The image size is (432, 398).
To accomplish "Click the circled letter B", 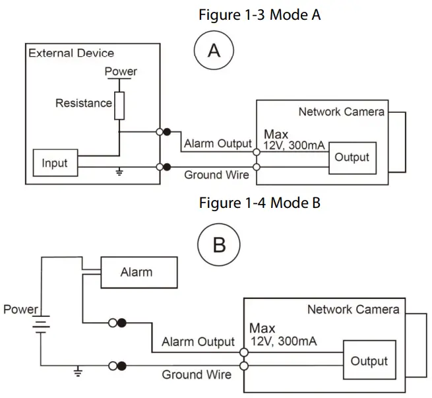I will point(220,246).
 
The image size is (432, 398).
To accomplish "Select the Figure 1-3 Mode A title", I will point(259,15).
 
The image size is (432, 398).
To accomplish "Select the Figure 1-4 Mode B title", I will point(259,203).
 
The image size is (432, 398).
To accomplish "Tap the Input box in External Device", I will point(55,163).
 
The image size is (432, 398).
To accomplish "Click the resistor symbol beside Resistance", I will point(119,106).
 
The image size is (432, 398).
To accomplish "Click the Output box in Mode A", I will point(352,158).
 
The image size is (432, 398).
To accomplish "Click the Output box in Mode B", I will point(369,361).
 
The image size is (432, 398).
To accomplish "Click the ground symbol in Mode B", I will point(78,372).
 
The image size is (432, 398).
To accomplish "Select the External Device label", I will point(71,53).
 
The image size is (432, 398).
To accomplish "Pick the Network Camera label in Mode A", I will point(341,112).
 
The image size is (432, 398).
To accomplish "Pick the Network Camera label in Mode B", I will point(353,309).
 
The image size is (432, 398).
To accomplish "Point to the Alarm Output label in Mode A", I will point(218,144).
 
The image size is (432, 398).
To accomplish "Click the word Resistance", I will point(84,103).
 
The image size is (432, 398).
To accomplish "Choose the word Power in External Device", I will point(121,71).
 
